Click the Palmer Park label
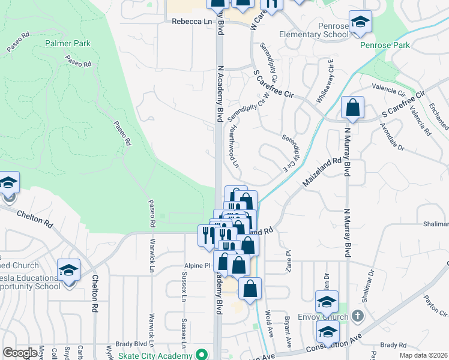click(x=67, y=43)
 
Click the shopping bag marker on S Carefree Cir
click(x=353, y=109)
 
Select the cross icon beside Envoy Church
click(x=357, y=316)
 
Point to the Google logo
click(x=20, y=353)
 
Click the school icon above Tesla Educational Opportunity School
click(x=68, y=271)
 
